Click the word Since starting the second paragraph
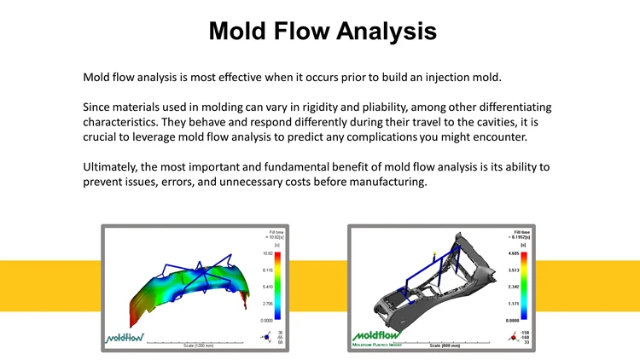tap(97, 107)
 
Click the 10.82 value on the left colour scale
tap(268, 253)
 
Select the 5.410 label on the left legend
tap(268, 287)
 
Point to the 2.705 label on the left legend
tap(268, 303)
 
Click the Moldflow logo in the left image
tap(125, 336)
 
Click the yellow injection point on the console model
tap(435, 253)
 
